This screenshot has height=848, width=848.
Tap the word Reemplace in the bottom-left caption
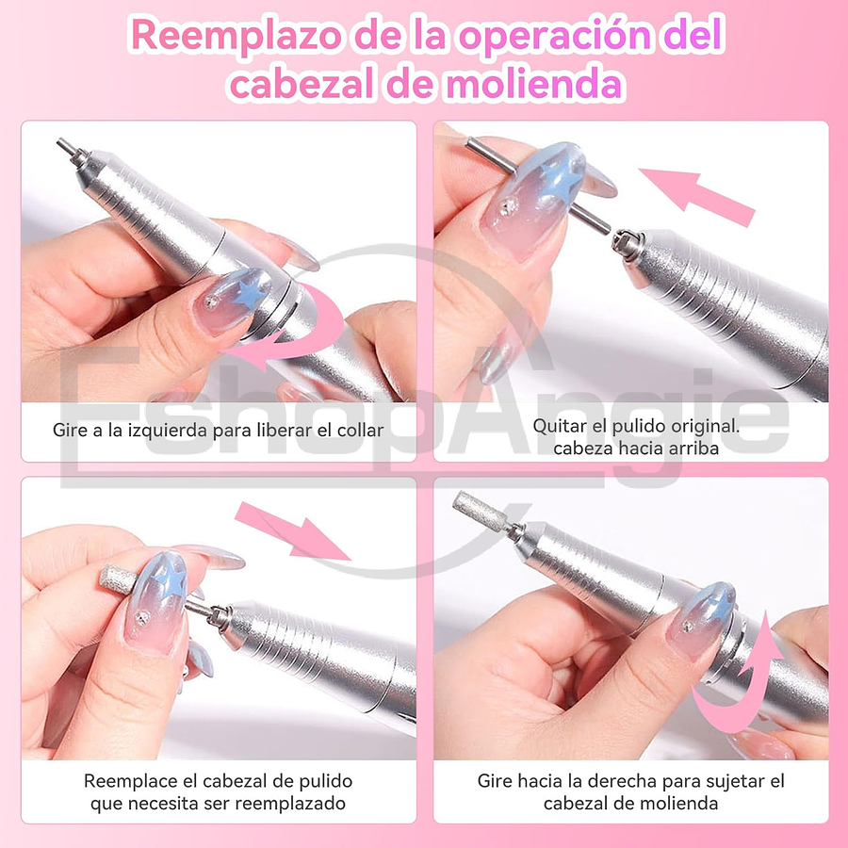coord(124,781)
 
